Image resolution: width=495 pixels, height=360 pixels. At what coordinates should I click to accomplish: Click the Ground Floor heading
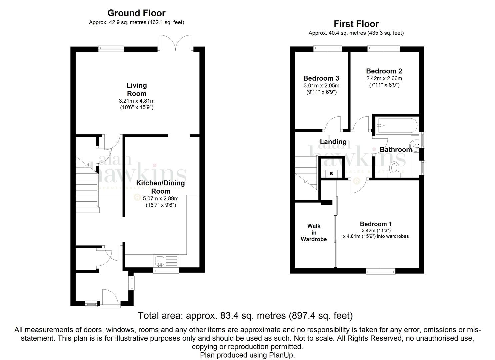[x=136, y=13]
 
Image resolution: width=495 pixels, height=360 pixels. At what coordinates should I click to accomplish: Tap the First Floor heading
[x=356, y=24]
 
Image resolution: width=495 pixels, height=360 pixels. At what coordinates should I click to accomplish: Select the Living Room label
[x=137, y=90]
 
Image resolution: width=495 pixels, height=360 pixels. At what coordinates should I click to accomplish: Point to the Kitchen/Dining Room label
[x=160, y=187]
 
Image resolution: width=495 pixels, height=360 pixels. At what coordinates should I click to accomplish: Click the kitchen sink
[x=166, y=261]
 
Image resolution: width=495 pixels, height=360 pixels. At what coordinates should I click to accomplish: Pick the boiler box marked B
[x=331, y=174]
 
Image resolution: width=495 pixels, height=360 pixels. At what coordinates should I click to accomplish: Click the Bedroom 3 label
[x=321, y=78]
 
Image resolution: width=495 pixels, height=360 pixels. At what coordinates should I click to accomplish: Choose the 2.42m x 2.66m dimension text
[x=384, y=78]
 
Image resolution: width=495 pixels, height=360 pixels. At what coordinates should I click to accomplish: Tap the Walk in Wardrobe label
[x=314, y=232]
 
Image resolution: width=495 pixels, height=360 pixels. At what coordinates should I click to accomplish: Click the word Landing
[x=333, y=142]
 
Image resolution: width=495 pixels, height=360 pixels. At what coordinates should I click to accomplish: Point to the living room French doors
[x=175, y=42]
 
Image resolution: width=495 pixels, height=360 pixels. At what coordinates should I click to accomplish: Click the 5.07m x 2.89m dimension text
[x=161, y=198]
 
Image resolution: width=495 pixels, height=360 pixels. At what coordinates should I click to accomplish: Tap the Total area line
[x=245, y=316]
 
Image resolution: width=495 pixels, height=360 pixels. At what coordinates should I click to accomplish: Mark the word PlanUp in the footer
[x=282, y=355]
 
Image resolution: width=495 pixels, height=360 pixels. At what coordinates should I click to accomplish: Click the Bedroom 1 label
[x=376, y=224]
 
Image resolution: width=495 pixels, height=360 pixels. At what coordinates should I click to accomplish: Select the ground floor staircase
[x=87, y=185]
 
